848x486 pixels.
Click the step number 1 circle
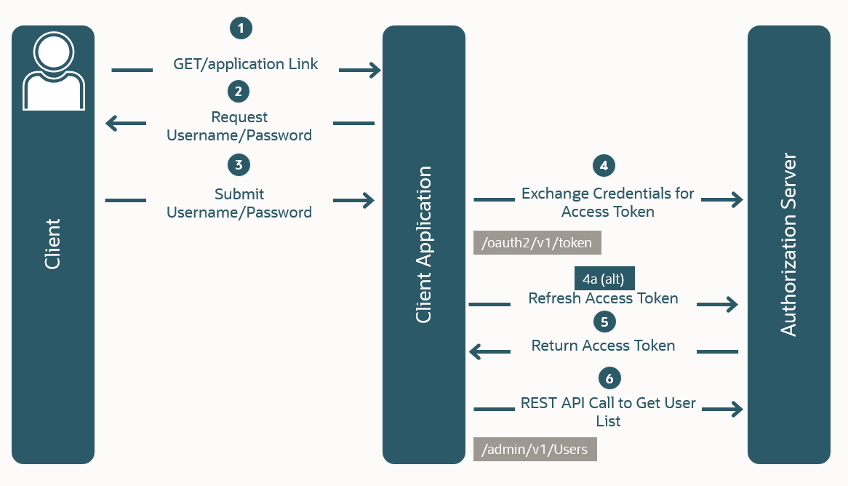coord(241,28)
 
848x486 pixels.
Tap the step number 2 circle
coord(239,92)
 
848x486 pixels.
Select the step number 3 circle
coord(239,164)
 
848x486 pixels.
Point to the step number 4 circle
coord(604,165)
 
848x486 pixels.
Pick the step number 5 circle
coord(604,321)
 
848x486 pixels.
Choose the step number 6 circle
coord(609,378)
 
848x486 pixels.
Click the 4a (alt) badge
coord(604,279)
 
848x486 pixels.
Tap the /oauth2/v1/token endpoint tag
coord(537,243)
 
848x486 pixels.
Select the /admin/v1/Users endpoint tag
coord(535,450)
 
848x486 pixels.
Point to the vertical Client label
coord(52,244)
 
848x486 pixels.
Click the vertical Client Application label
coord(423,244)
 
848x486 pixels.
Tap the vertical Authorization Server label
coord(788,244)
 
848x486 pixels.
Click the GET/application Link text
coord(246,64)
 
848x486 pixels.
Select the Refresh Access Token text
coord(603,298)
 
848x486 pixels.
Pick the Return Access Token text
coord(603,346)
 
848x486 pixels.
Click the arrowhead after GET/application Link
coord(373,70)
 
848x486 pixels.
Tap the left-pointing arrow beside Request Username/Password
coord(115,123)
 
